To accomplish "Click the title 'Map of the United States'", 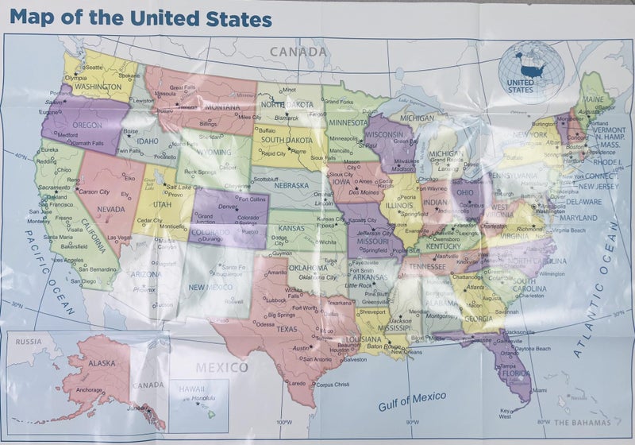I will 141,17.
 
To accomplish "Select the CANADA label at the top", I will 298,52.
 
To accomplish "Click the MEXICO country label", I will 221,367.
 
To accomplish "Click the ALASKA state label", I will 101,363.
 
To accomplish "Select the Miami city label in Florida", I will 540,390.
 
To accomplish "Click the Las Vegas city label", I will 119,237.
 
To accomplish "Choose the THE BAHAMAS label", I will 583,423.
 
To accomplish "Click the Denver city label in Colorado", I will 228,206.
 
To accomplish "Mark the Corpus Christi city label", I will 332,384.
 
